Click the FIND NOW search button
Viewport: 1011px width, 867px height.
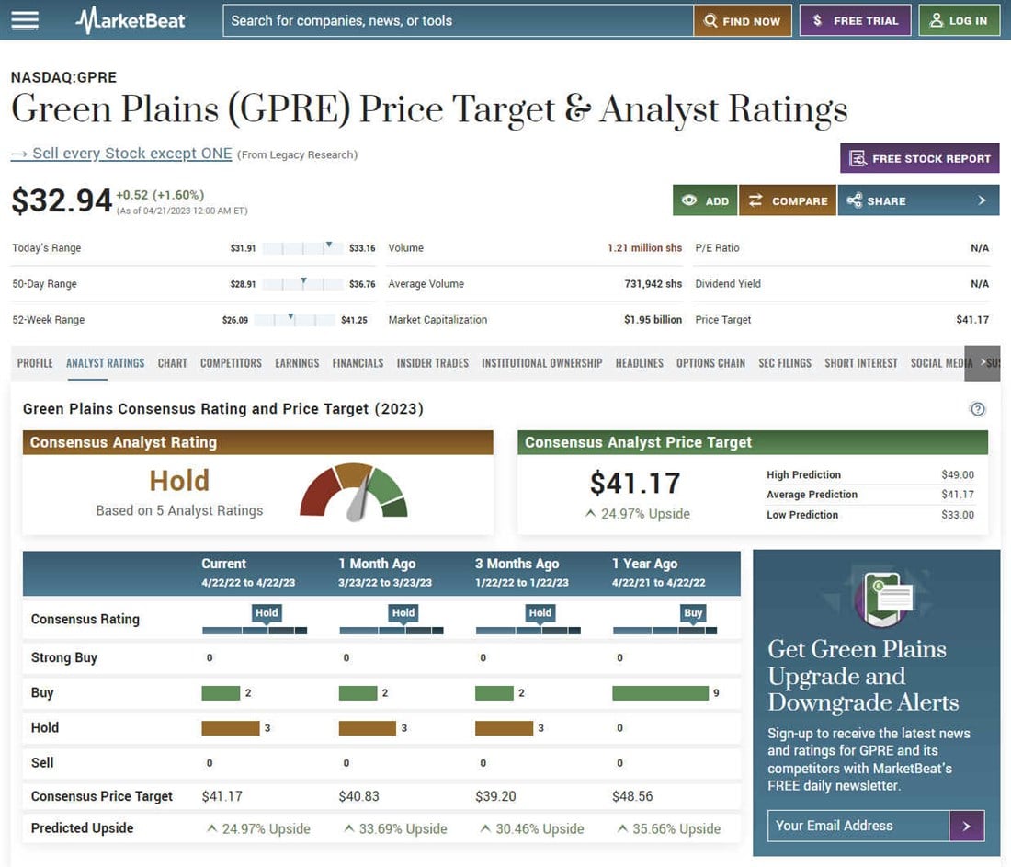pos(742,21)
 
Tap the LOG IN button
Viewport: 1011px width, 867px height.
pos(959,21)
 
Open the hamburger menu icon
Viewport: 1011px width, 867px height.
pos(25,20)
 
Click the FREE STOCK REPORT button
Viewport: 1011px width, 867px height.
pos(920,158)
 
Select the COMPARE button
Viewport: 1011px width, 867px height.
pos(788,200)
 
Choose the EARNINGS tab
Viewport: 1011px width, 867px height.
pos(297,363)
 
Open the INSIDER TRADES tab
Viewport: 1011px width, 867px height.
pos(432,363)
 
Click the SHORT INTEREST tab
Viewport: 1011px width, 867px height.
pos(860,363)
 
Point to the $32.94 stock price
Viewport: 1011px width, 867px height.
pos(62,200)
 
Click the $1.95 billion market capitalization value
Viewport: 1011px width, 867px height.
pos(653,320)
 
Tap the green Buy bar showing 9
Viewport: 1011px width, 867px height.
pos(660,693)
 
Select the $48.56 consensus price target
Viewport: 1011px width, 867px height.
pos(632,796)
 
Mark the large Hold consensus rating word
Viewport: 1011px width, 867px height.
pos(179,481)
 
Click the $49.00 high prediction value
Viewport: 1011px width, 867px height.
pos(957,475)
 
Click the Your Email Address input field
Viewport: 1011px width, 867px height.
pos(858,826)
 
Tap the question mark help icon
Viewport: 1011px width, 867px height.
pos(978,409)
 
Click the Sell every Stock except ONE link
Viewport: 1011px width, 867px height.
pos(121,154)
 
